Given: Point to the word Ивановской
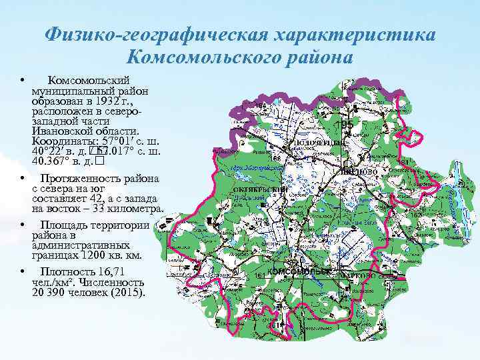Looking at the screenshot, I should [59, 131].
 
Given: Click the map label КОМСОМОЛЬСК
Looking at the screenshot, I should [298, 272].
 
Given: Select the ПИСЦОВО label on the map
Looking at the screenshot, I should [359, 171].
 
